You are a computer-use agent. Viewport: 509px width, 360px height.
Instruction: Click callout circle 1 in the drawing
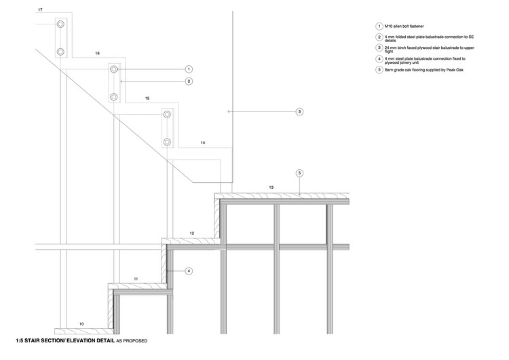[189, 69]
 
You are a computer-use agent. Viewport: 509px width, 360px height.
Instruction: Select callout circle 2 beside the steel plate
[189, 82]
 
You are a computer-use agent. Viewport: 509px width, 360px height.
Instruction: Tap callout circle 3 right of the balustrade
[299, 111]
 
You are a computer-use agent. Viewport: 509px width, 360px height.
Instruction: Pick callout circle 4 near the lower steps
[189, 271]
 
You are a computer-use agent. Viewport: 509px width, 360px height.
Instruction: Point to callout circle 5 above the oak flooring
[299, 173]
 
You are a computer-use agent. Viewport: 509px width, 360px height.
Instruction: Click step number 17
[41, 10]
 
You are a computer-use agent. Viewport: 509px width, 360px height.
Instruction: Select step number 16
[98, 53]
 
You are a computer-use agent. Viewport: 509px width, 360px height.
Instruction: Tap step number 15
[147, 98]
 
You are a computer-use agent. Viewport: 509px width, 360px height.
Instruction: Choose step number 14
[202, 143]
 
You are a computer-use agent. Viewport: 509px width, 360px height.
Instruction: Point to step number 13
[271, 187]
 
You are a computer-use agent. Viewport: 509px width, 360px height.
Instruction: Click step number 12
[192, 234]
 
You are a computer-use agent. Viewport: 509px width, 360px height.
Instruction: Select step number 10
[81, 323]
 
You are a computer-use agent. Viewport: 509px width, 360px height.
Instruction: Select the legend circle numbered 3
[379, 48]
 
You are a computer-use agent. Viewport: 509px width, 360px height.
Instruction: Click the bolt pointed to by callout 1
[114, 69]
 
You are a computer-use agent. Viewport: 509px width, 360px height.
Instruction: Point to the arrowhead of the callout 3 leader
[229, 111]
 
